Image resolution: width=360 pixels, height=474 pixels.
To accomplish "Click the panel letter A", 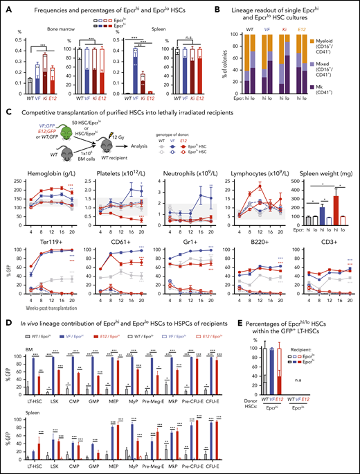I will pyautogui.click(x=6, y=7).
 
